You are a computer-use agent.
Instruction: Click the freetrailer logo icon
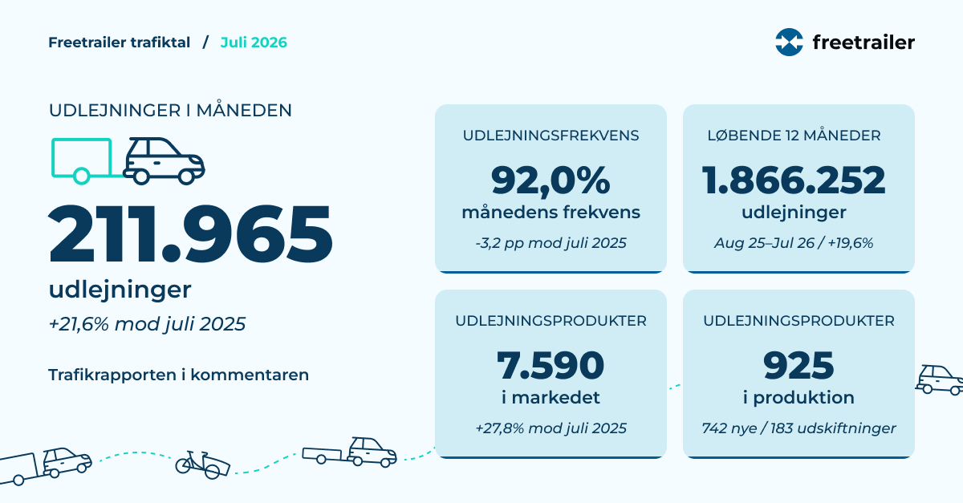[x=789, y=43]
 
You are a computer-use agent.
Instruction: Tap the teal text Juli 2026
[x=254, y=43]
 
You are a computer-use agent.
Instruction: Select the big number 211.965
[x=191, y=234]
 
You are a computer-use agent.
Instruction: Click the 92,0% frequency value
[x=551, y=181]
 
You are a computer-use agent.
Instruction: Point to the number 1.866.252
[x=794, y=181]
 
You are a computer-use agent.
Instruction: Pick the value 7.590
[x=551, y=366]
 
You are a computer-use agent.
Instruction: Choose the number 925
[x=798, y=366]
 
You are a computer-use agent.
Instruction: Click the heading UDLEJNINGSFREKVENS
[x=551, y=136]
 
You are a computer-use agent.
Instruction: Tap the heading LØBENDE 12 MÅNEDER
[x=794, y=136]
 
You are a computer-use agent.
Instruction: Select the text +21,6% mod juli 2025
[x=147, y=324]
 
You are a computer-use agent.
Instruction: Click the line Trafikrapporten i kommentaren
[x=178, y=375]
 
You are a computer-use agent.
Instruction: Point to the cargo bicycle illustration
[x=202, y=464]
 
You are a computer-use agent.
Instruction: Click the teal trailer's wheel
[x=81, y=176]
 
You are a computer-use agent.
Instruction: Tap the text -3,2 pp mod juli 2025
[x=551, y=243]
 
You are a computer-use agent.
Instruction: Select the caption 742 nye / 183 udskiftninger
[x=798, y=428]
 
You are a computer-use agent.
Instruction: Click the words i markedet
[x=551, y=398]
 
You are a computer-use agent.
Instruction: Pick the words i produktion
[x=798, y=398]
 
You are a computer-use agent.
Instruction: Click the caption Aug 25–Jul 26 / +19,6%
[x=794, y=243]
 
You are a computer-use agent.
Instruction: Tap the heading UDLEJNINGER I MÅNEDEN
[x=170, y=110]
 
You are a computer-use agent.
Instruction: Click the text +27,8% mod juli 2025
[x=551, y=428]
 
